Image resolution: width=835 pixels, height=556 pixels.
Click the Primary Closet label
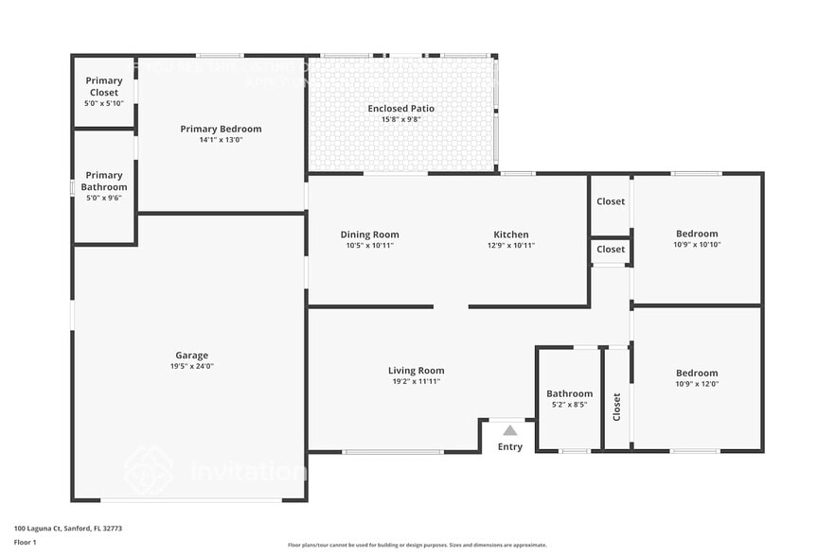pos(104,86)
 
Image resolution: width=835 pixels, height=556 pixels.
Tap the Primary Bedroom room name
pos(221,129)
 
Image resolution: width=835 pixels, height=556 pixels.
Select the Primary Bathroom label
pos(104,181)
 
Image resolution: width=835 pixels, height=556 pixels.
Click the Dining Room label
pos(369,235)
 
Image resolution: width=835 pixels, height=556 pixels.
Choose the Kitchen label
pos(511,235)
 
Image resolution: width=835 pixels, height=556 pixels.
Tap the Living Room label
pos(416,371)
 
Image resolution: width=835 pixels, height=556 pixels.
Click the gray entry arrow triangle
pos(510,430)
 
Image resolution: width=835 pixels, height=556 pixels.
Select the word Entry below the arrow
pos(510,447)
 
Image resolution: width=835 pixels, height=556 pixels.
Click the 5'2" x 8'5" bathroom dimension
pos(569,405)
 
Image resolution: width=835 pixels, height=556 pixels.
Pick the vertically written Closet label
pos(617,408)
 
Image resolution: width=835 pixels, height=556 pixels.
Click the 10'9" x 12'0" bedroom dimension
pos(697,384)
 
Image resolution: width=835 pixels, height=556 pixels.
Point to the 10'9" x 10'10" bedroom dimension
pos(697,245)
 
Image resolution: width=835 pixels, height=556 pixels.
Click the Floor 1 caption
pos(26,542)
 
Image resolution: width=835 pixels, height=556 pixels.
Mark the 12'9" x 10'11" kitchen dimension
pos(511,245)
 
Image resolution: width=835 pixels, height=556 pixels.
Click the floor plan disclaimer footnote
pos(417,545)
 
